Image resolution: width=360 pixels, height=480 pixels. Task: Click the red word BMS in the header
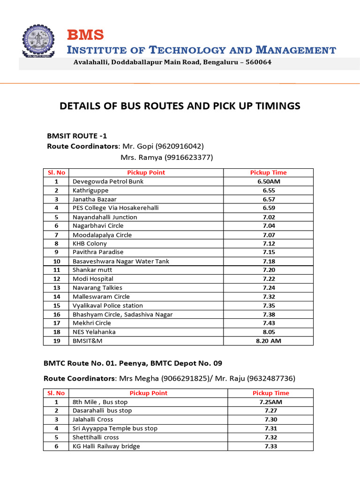pyautogui.click(x=85, y=35)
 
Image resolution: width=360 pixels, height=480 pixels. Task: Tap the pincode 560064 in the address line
pyautogui.click(x=258, y=62)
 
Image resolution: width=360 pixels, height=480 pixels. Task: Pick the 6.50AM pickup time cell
pyautogui.click(x=268, y=181)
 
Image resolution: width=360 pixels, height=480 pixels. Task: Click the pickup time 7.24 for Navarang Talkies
pyautogui.click(x=268, y=288)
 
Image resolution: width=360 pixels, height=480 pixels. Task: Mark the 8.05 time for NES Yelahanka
pyautogui.click(x=268, y=332)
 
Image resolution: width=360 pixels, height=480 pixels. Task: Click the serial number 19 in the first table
pyautogui.click(x=57, y=341)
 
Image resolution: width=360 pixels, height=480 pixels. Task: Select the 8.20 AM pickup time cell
pyautogui.click(x=268, y=341)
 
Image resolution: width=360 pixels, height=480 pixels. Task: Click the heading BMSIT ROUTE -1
pyautogui.click(x=77, y=136)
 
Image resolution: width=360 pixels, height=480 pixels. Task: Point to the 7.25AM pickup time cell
pyautogui.click(x=270, y=402)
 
